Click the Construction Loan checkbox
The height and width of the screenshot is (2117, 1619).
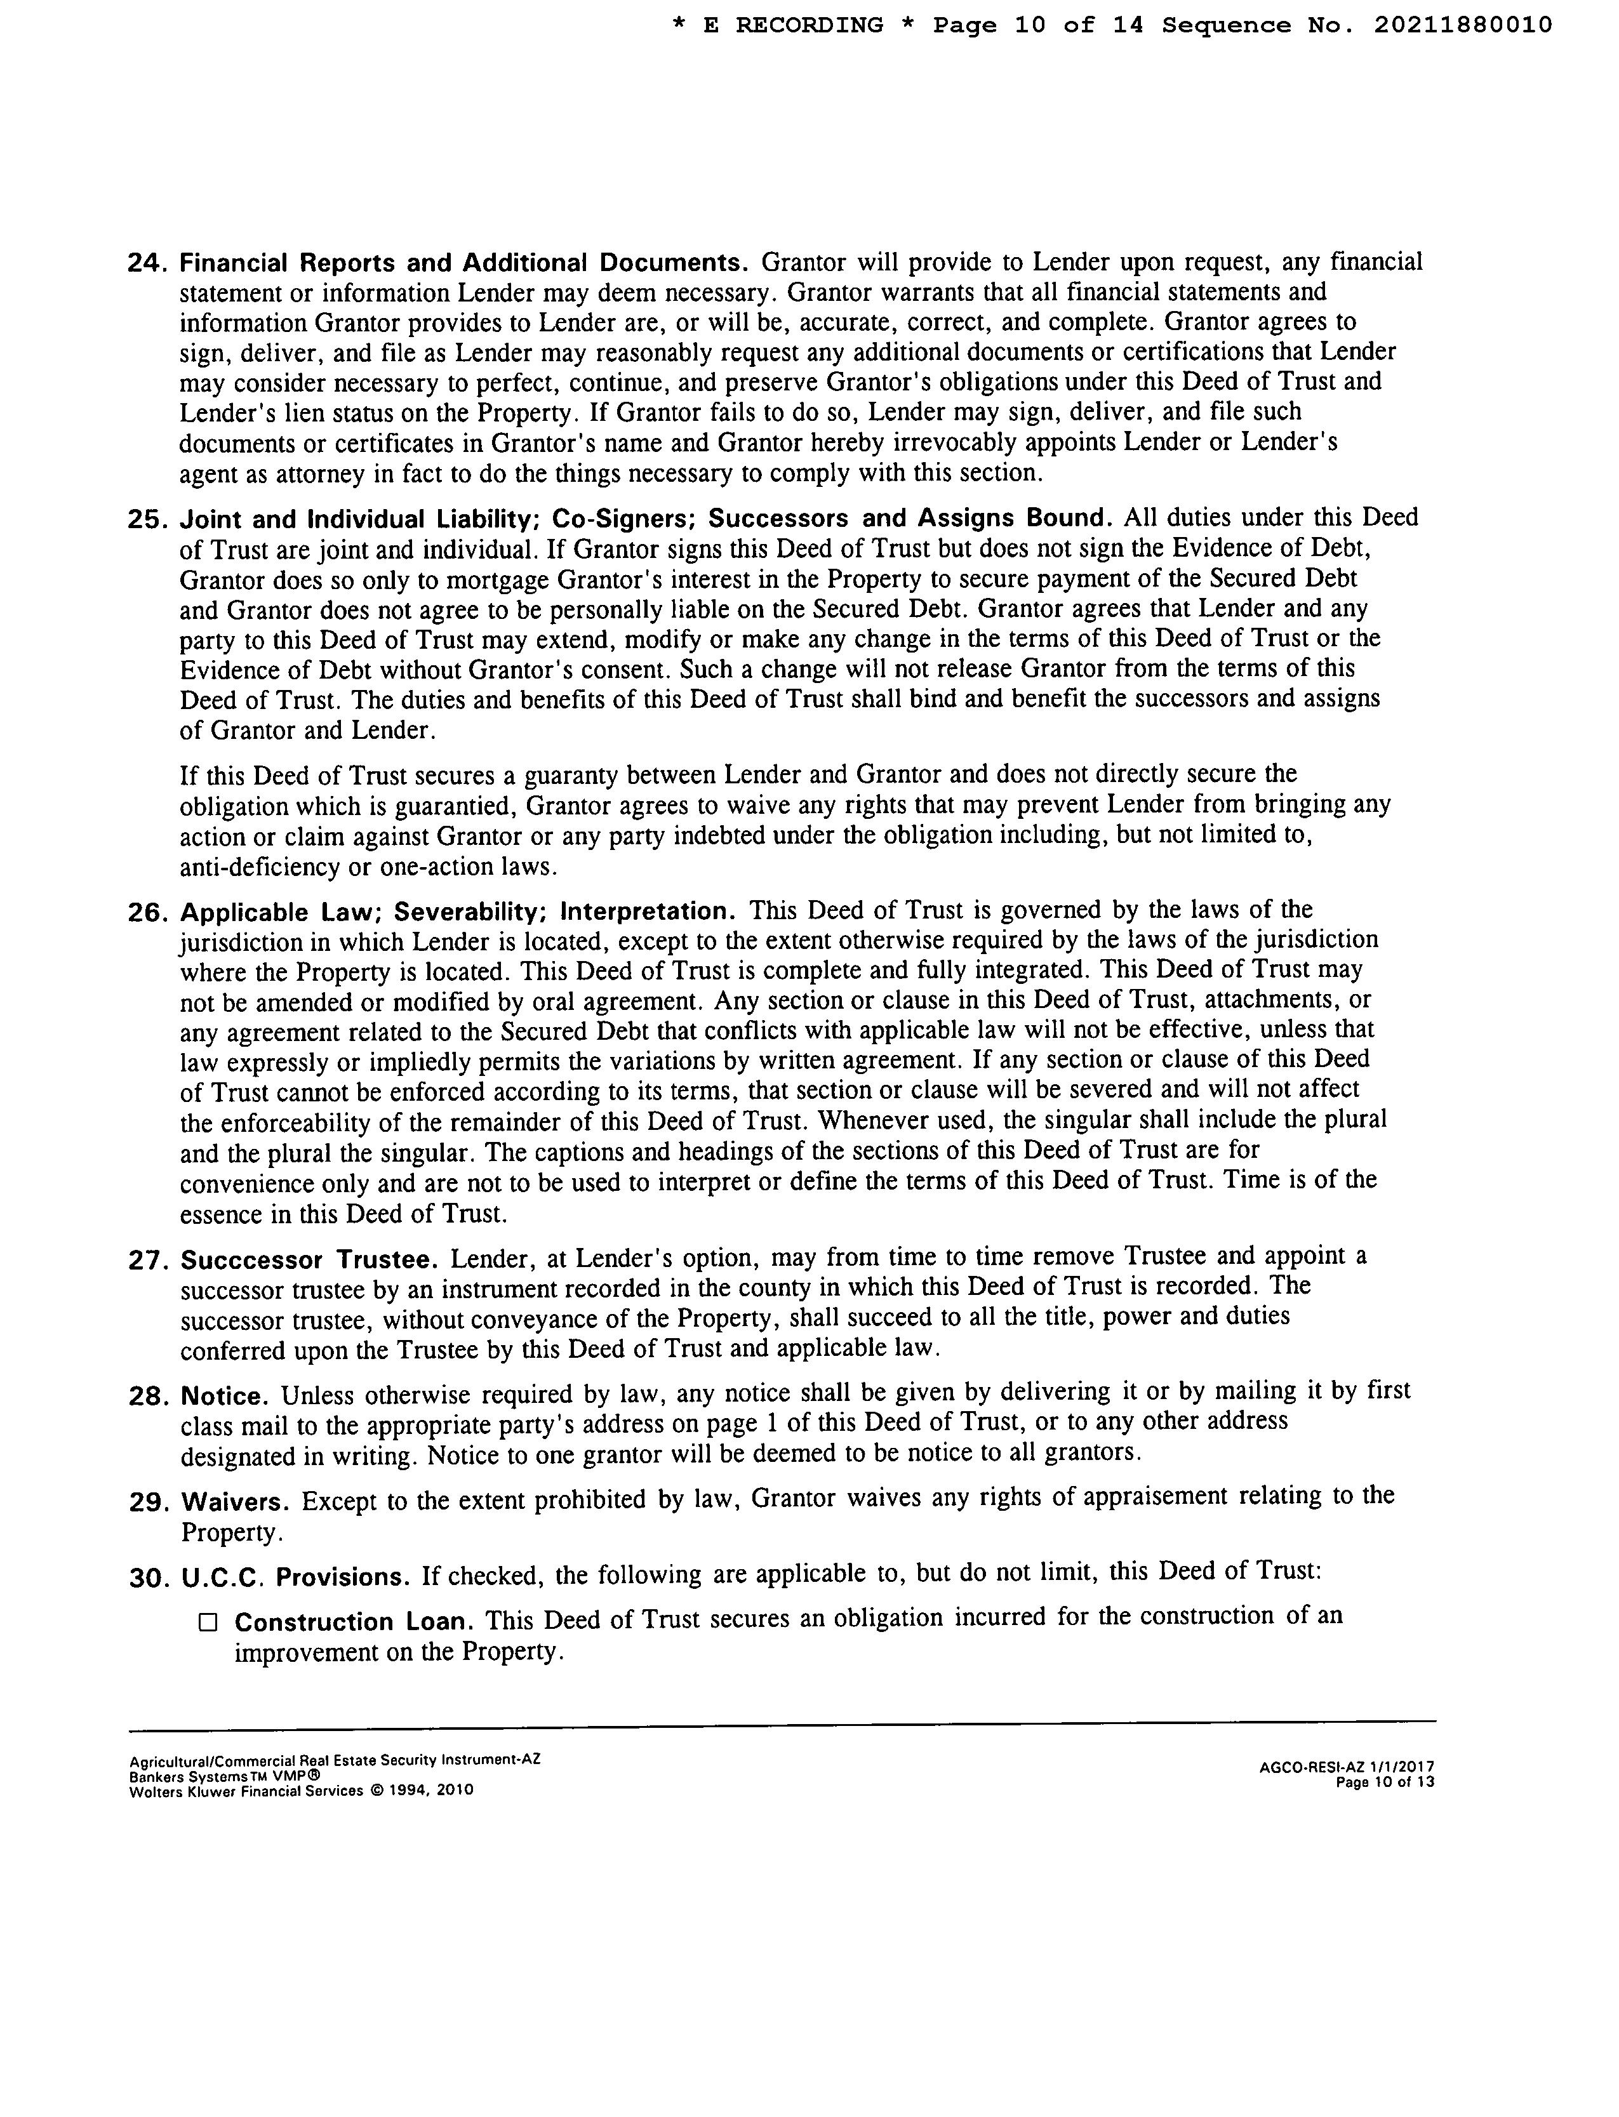click(x=208, y=1623)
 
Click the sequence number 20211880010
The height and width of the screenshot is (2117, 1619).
click(x=1462, y=25)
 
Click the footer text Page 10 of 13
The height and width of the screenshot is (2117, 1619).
click(x=1385, y=1782)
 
